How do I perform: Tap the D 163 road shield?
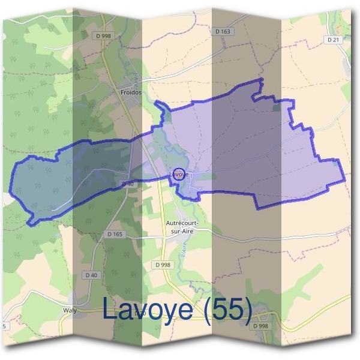(x=222, y=31)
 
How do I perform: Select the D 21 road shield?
(x=334, y=39)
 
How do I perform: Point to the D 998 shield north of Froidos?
(x=103, y=36)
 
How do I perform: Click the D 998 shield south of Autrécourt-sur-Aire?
(x=162, y=264)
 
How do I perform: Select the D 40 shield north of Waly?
(x=91, y=275)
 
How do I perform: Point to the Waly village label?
(x=70, y=311)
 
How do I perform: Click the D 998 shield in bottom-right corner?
(x=260, y=326)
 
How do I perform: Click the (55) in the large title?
(x=227, y=310)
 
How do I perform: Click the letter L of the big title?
(x=110, y=310)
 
